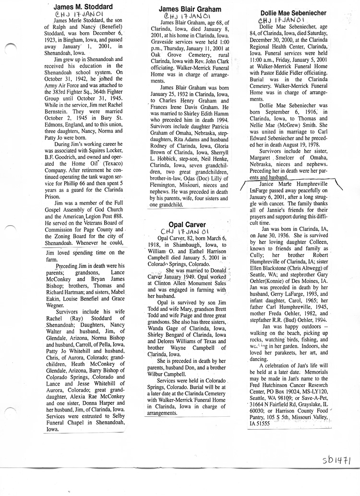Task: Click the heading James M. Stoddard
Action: point(83,7)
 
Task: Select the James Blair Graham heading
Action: point(190,9)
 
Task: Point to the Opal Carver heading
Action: point(187,224)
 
